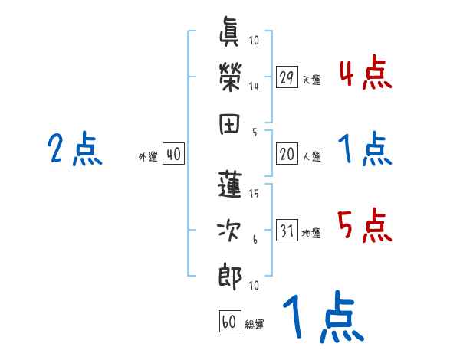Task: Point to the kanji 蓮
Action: click(229, 186)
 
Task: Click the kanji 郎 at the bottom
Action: click(229, 274)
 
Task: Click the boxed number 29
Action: click(287, 77)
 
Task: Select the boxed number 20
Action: click(287, 154)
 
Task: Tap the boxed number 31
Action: click(287, 231)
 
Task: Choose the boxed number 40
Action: click(173, 155)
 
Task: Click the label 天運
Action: click(311, 80)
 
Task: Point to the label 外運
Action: click(147, 157)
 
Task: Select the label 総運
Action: click(255, 324)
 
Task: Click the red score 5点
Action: click(365, 226)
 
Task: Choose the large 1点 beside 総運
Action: click(321, 318)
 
